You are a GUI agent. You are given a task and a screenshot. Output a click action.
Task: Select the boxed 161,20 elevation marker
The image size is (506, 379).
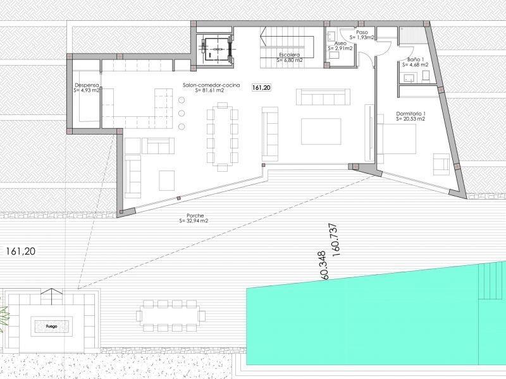261,88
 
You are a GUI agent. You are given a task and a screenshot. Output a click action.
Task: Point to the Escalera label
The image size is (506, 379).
290,57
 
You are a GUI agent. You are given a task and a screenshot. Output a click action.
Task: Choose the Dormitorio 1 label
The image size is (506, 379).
410,116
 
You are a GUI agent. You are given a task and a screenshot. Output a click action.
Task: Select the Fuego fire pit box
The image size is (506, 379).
51,327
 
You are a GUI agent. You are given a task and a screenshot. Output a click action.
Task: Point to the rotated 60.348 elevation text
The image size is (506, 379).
323,266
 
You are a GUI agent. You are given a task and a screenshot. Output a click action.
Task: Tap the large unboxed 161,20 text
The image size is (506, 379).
20,251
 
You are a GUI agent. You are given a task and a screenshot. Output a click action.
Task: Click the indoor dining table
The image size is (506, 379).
222,136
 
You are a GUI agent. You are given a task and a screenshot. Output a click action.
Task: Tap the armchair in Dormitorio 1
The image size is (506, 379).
441,164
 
